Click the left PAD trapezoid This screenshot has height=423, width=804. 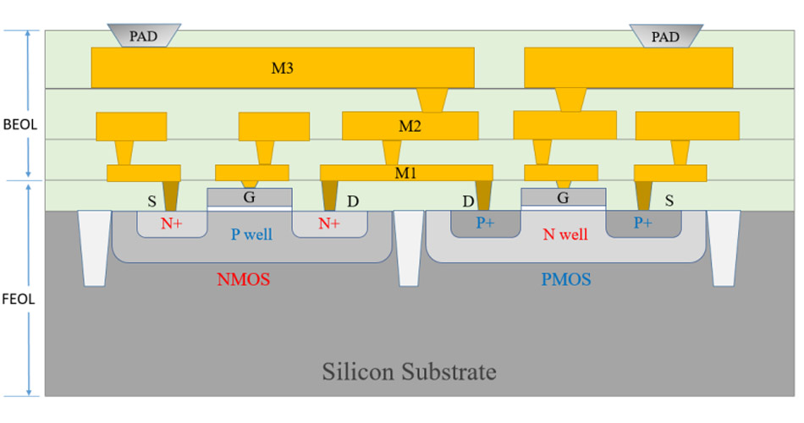point(144,36)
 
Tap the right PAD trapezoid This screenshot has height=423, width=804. point(666,36)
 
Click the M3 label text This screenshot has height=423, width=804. point(282,69)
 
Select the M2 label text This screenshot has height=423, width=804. point(410,127)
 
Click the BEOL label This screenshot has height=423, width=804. point(18,124)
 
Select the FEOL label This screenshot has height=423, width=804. point(18,298)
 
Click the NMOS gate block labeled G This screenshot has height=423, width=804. point(250,198)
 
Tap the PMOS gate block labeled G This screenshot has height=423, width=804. point(563,198)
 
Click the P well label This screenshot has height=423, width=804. point(252,233)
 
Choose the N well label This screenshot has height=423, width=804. point(564,234)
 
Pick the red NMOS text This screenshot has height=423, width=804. point(244,278)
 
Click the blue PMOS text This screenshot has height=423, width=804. point(565,278)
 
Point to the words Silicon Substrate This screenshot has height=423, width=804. point(409,371)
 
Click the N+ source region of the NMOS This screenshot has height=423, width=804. point(173,223)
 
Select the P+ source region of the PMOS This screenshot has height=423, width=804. point(643,223)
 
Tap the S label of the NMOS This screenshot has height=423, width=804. point(151,202)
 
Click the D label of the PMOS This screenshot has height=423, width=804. point(468,202)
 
